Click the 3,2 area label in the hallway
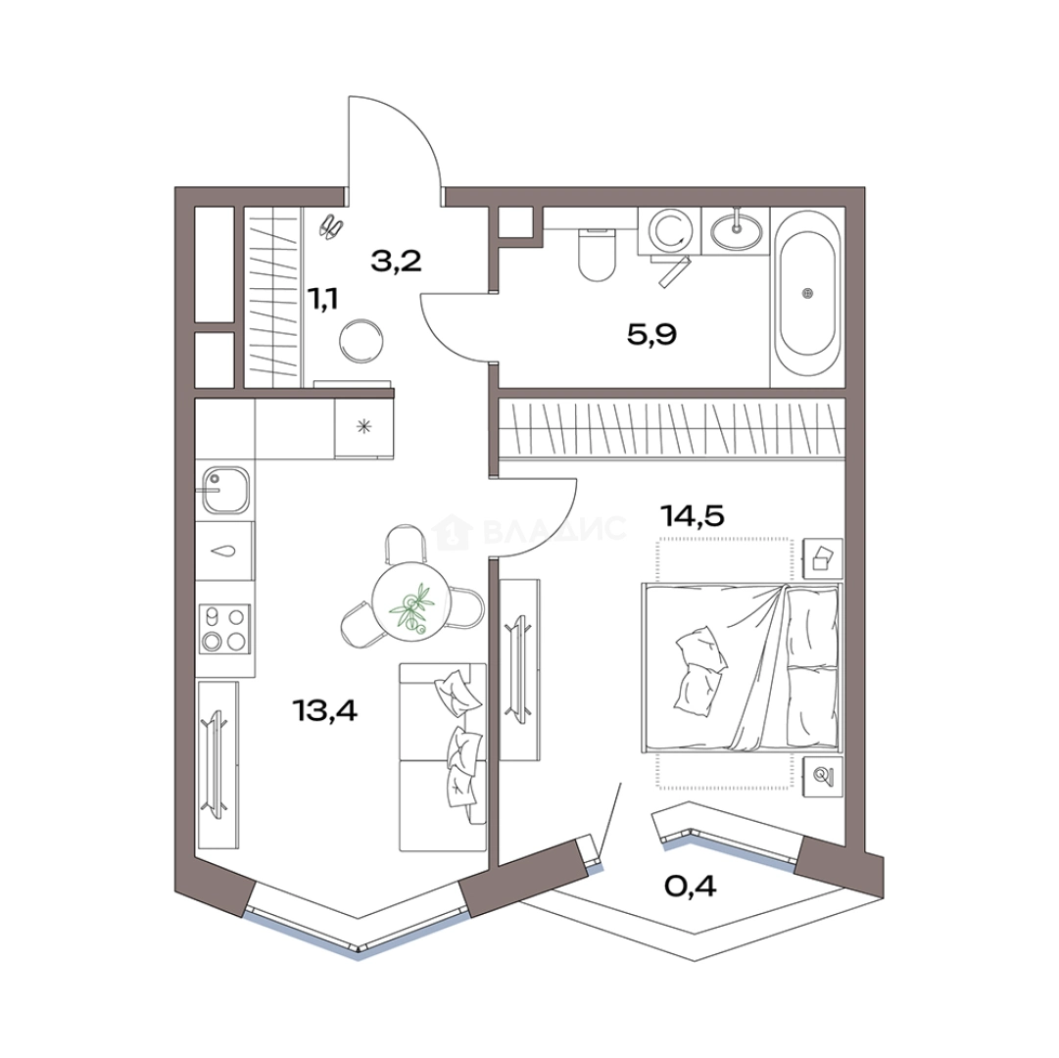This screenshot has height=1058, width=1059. tap(397, 260)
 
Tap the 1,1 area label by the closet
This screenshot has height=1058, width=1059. tap(323, 298)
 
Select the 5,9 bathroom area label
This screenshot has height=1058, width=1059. tap(651, 334)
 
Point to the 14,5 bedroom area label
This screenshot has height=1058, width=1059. tap(693, 516)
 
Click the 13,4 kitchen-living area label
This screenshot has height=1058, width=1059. tap(324, 709)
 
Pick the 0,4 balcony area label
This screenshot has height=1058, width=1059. tap(691, 886)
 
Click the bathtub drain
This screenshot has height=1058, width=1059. tap(808, 293)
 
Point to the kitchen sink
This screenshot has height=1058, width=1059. tap(225, 490)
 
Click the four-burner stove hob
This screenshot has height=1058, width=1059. tap(225, 629)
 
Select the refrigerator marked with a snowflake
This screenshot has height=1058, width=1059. tap(364, 427)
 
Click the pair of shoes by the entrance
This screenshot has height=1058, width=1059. tap(331, 226)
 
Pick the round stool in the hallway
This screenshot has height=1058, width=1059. tap(361, 341)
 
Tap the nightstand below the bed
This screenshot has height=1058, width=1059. tap(823, 777)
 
